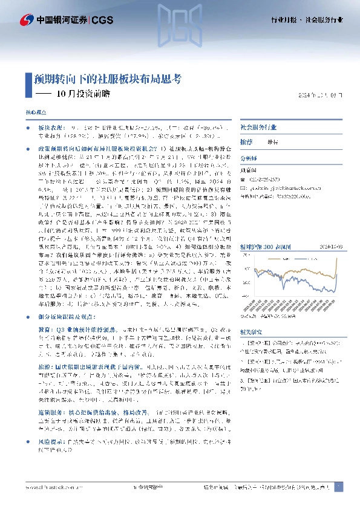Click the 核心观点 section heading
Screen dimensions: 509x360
tap(35, 113)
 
